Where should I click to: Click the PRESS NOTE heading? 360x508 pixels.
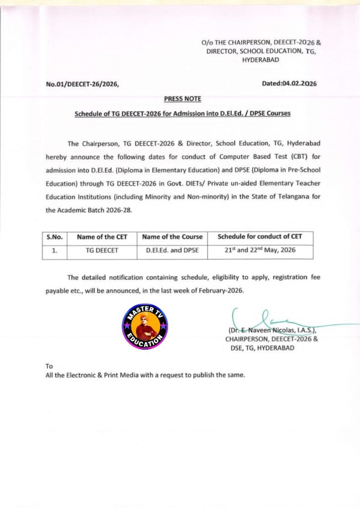(182, 99)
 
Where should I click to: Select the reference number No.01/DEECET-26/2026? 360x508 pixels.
(82, 84)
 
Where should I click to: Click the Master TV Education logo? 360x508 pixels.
(145, 327)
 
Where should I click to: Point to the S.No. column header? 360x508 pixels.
(54, 237)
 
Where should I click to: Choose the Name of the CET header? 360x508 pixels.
(102, 237)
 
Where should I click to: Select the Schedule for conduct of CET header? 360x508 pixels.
(260, 237)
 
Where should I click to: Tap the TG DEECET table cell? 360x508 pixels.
(102, 251)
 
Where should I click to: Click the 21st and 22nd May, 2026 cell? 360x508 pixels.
(260, 250)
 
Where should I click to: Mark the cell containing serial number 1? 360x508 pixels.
(54, 251)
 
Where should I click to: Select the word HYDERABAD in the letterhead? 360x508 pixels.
(260, 60)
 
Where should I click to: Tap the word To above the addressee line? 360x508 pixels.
(49, 366)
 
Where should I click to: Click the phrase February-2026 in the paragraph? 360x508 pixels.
(222, 290)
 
